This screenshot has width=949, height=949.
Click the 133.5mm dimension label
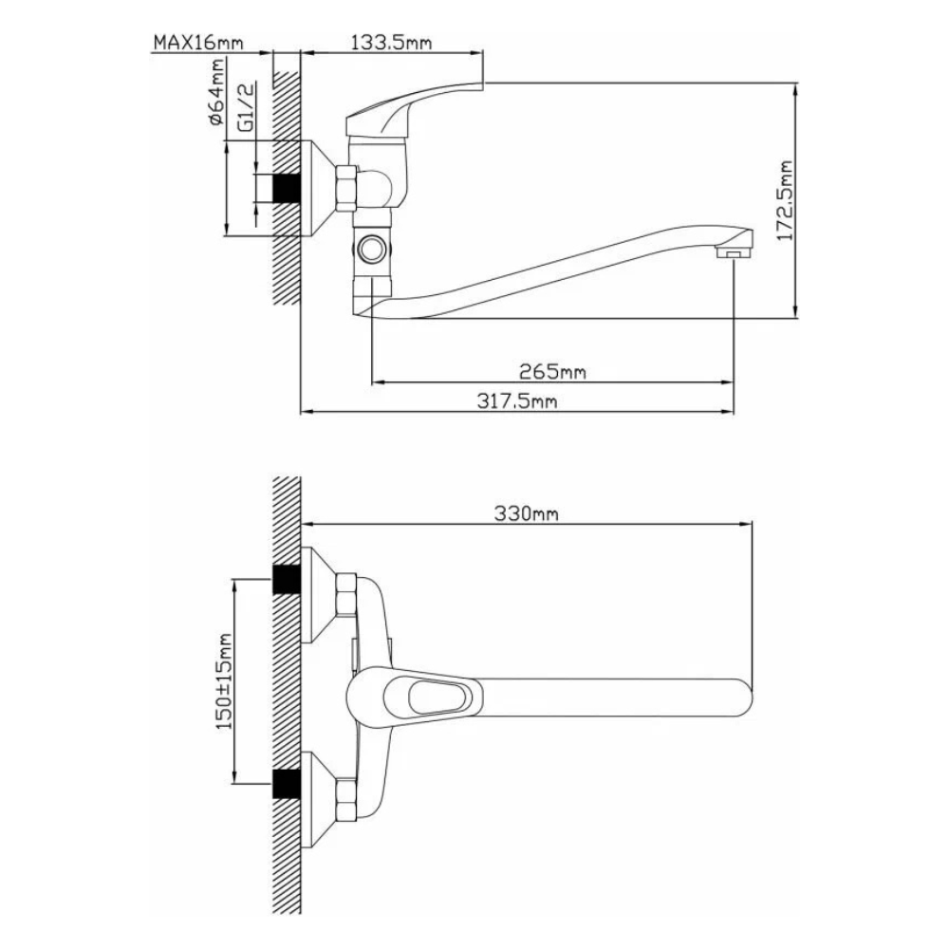392,43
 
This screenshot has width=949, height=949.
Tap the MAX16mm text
197,43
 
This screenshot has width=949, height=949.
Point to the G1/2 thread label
245,106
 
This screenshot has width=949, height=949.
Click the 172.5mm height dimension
785,200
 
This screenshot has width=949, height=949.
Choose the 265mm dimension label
551,371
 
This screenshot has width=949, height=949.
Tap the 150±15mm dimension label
225,682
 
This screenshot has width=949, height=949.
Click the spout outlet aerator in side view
729,252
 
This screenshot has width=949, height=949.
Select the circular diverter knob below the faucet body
371,251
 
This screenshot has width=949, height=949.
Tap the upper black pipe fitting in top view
285,580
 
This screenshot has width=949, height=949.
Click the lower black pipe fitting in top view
285,784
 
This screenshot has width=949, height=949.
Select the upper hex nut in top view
345,594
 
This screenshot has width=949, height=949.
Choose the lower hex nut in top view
345,798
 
